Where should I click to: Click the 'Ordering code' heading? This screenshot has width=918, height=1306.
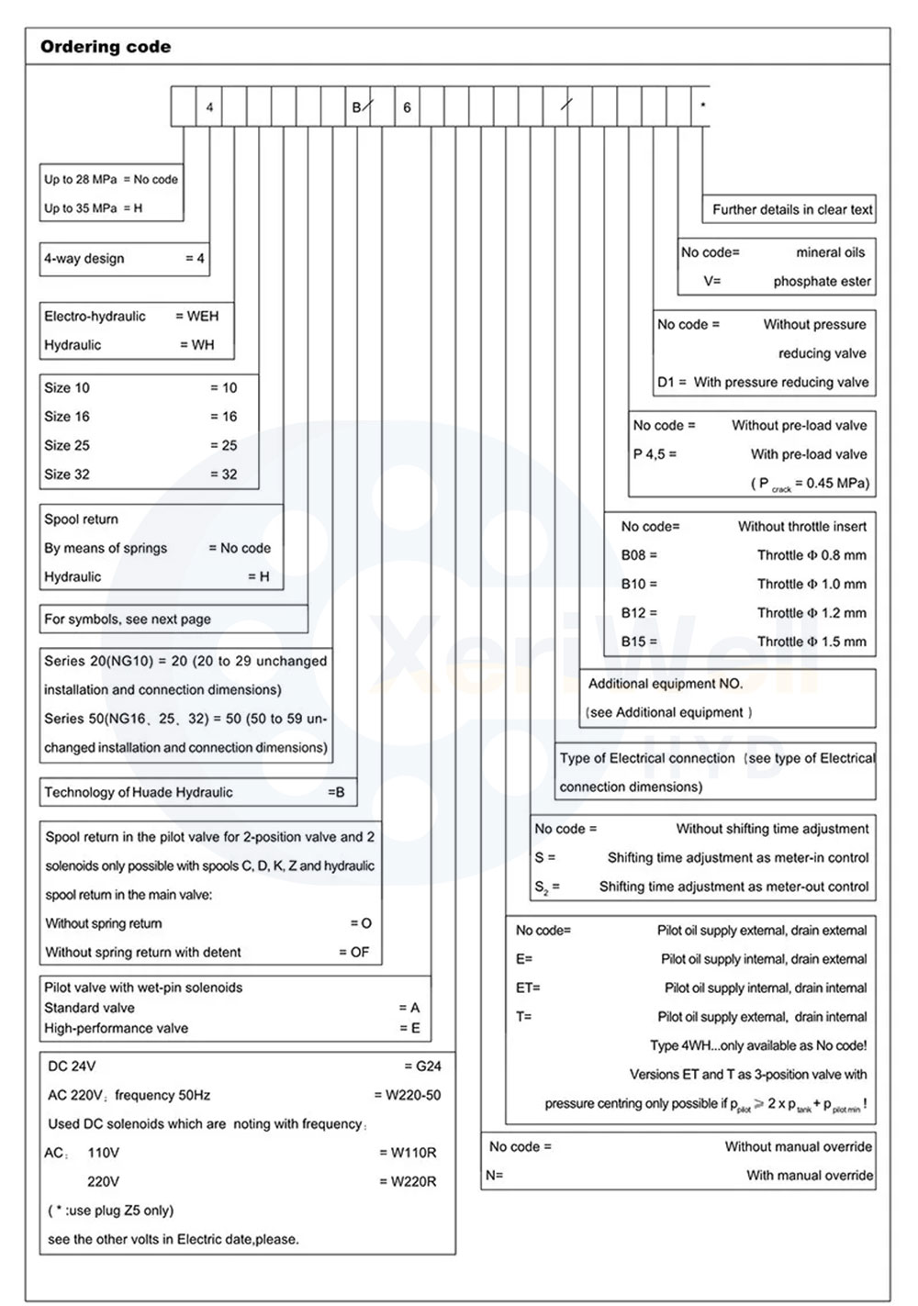(x=105, y=47)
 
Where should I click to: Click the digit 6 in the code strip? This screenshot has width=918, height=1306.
(x=407, y=107)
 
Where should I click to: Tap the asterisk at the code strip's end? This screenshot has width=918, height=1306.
(x=703, y=106)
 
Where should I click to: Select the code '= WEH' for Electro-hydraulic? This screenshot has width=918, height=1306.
(x=197, y=317)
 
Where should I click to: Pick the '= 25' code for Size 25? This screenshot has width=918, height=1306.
(x=223, y=446)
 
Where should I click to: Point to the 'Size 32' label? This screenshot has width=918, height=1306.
(x=67, y=474)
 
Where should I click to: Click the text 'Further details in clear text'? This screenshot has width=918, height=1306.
(x=792, y=209)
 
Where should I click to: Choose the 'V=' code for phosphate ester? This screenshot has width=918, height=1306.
(x=712, y=282)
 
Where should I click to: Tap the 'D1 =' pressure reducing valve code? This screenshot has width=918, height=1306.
(x=672, y=383)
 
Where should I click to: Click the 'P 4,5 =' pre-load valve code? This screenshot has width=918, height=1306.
(x=655, y=454)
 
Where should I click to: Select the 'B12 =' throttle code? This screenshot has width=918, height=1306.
(x=639, y=613)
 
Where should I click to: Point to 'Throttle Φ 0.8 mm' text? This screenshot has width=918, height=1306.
(x=812, y=555)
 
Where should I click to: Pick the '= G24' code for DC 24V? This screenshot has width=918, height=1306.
(x=422, y=1066)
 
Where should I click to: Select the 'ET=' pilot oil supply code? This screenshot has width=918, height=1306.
(x=528, y=988)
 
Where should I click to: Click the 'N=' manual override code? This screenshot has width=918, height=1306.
(x=495, y=1176)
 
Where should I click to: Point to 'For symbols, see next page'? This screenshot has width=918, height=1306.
(x=128, y=620)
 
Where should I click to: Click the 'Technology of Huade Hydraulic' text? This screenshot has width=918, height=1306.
(x=139, y=793)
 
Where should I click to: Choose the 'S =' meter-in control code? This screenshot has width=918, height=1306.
(x=545, y=858)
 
